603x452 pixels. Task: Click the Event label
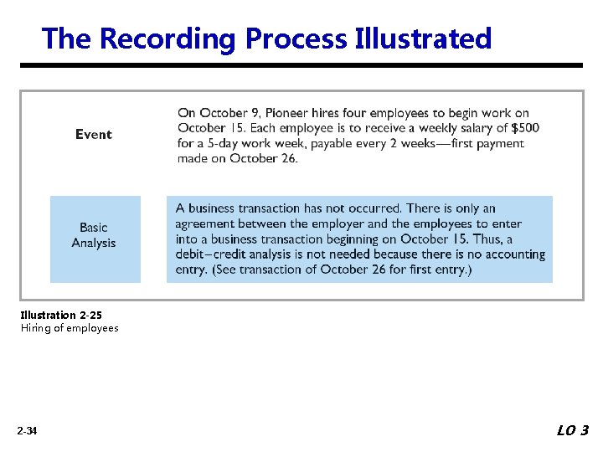[x=93, y=134]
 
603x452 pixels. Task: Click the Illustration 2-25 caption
[x=61, y=316]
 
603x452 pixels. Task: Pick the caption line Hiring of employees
[x=70, y=328]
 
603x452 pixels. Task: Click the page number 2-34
[x=27, y=431]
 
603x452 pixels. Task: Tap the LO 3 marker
[x=573, y=430]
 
